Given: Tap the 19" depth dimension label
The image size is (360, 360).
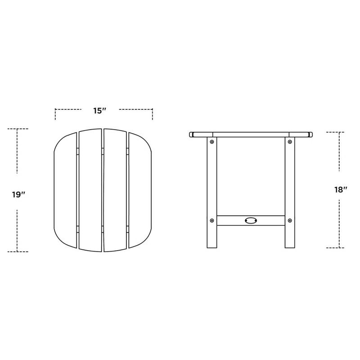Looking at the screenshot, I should point(18,194).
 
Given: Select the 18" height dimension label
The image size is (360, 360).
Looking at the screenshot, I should point(341,189).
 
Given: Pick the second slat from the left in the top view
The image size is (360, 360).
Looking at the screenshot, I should point(90,190).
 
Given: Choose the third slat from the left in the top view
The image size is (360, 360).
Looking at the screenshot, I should point(116,190).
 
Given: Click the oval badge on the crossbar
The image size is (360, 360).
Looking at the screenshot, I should point(250,220).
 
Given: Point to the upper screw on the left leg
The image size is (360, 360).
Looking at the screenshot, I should point(211,142).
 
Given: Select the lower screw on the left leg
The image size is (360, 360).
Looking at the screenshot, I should point(211,220).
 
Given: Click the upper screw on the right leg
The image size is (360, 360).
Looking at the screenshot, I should point(289,142).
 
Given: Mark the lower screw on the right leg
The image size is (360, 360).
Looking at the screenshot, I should point(289,220).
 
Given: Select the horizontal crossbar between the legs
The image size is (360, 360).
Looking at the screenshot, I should point(234,220).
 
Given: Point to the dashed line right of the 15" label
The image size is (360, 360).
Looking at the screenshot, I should point(136,109).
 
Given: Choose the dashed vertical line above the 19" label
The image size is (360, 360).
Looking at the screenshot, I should point(17,151).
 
